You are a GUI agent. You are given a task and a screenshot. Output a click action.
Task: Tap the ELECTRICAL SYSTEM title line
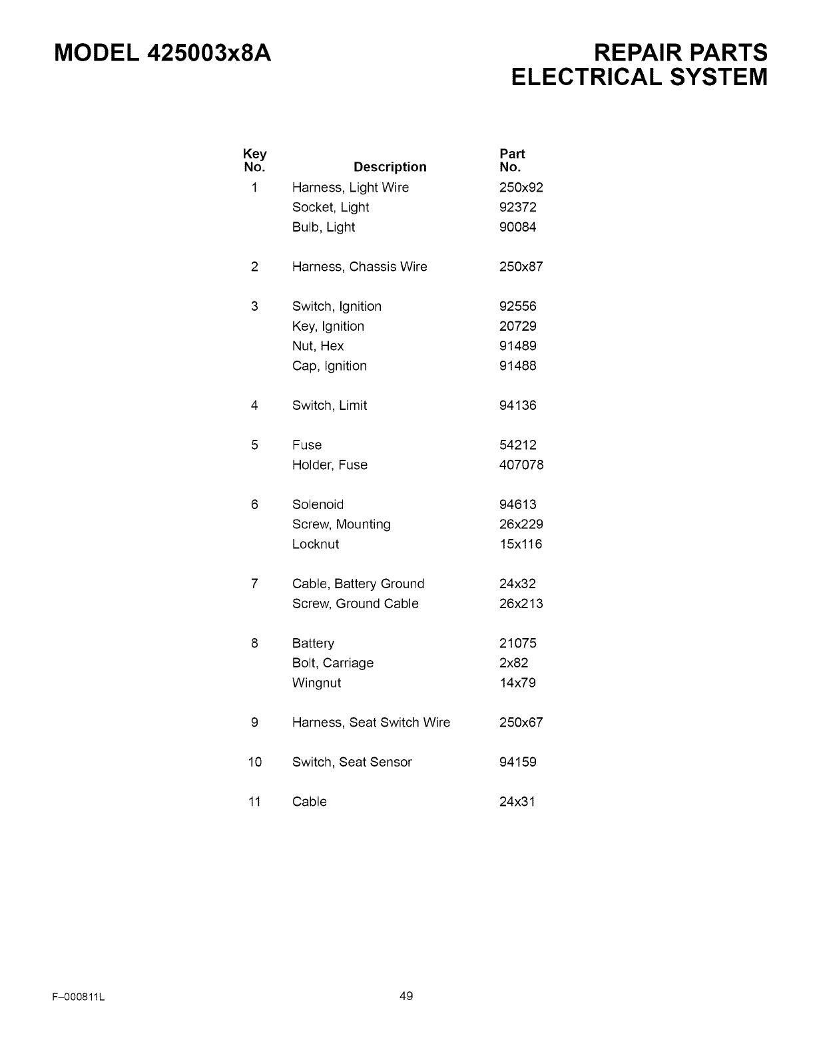click(x=639, y=77)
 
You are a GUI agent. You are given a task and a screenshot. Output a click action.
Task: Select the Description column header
click(x=390, y=167)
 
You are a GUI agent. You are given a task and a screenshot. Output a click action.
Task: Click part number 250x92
click(x=521, y=188)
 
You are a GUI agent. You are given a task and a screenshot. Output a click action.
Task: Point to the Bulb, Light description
click(x=323, y=228)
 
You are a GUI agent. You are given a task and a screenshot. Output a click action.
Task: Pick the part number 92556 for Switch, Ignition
click(x=517, y=307)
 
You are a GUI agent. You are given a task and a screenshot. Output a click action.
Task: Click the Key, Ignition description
click(x=328, y=327)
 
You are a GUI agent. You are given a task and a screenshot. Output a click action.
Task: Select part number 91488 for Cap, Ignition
click(x=517, y=366)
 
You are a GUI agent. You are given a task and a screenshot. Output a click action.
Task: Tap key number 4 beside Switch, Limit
click(x=254, y=406)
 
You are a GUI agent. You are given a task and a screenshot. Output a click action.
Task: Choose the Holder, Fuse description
click(x=330, y=465)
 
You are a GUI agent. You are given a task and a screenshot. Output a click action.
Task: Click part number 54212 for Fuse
click(x=517, y=445)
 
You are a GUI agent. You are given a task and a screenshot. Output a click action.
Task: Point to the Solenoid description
click(x=318, y=505)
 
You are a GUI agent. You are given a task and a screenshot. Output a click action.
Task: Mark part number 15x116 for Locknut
click(x=521, y=544)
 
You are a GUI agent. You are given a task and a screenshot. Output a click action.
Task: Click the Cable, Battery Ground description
click(x=358, y=584)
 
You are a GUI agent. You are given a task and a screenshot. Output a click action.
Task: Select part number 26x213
click(x=521, y=604)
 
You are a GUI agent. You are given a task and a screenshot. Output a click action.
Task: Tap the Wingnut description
click(x=316, y=683)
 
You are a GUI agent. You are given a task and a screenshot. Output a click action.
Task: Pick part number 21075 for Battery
click(x=517, y=643)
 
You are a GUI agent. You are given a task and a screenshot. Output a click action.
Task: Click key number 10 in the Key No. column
click(x=255, y=763)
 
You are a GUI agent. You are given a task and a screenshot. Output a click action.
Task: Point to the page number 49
click(x=406, y=996)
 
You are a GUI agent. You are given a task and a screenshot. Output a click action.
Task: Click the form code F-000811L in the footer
click(x=79, y=997)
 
